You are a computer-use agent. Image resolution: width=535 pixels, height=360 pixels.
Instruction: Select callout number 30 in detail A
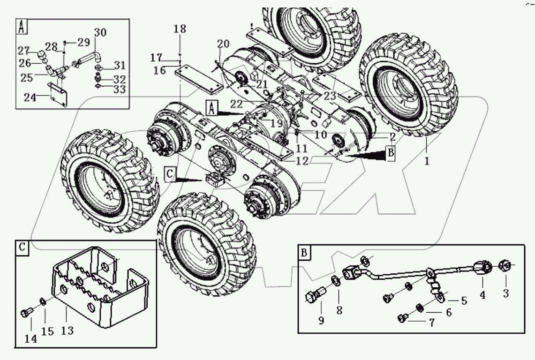coord(100,32)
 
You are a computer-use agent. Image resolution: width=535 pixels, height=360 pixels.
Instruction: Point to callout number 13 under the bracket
coord(68,331)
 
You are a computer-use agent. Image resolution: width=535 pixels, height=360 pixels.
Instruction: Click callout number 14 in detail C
coord(31,338)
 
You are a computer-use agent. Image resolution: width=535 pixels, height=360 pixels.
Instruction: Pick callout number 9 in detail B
coord(321,321)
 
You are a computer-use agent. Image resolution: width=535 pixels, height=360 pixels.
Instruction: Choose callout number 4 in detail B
coord(482,295)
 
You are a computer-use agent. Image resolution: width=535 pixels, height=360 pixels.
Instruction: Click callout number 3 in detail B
coord(505,294)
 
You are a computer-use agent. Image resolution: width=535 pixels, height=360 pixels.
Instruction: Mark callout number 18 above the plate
coord(180,29)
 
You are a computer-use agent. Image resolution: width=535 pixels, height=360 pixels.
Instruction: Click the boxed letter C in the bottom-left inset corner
coord(22,248)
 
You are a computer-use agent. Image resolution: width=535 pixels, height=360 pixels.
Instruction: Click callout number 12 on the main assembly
coord(302,161)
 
